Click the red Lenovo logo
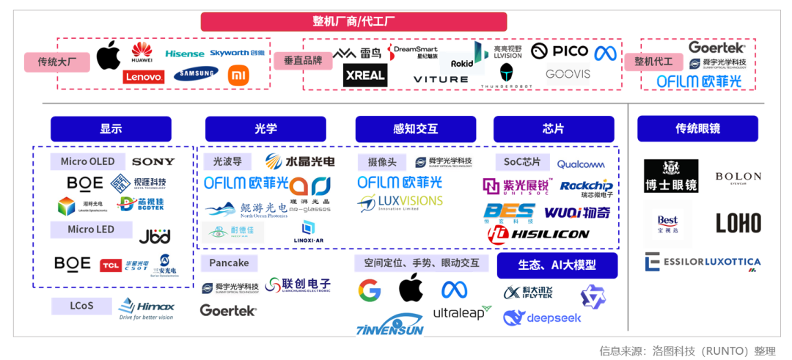[x=144, y=76]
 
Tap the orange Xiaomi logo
[x=239, y=75]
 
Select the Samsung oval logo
[x=196, y=73]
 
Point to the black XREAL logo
[x=364, y=75]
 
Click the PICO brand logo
[x=560, y=51]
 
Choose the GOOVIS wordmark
[x=568, y=74]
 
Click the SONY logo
[x=153, y=161]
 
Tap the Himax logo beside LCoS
[x=147, y=308]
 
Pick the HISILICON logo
[x=539, y=234]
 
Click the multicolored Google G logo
[x=370, y=290]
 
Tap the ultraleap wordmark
[x=462, y=313]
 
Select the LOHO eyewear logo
[x=738, y=223]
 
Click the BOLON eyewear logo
[x=738, y=177]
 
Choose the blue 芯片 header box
[x=553, y=129]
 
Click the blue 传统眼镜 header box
[x=697, y=129]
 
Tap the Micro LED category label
[x=91, y=229]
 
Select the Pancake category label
[x=229, y=262]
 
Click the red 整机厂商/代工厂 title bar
[x=353, y=21]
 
